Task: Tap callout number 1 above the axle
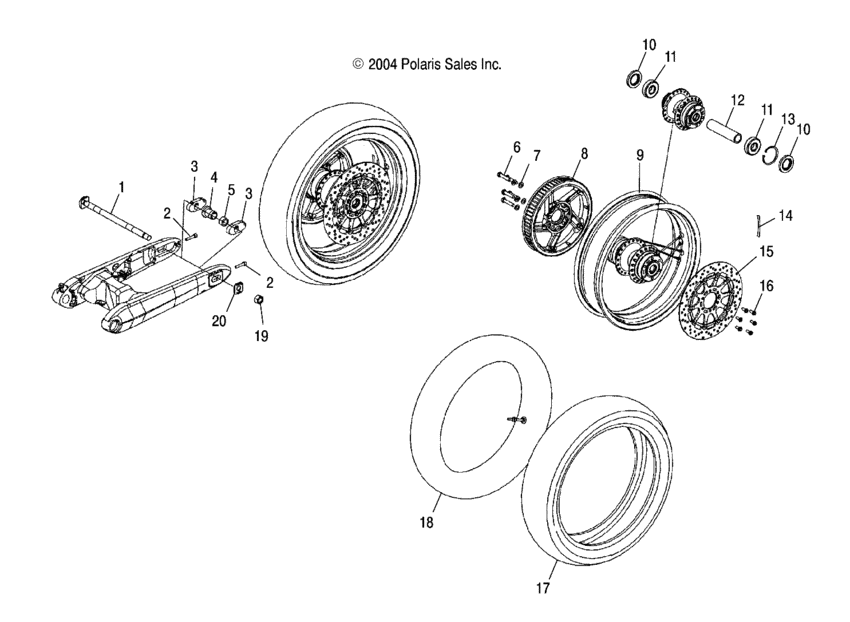(x=122, y=186)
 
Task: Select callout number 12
(x=737, y=100)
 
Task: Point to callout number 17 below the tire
(x=543, y=590)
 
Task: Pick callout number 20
(x=221, y=321)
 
